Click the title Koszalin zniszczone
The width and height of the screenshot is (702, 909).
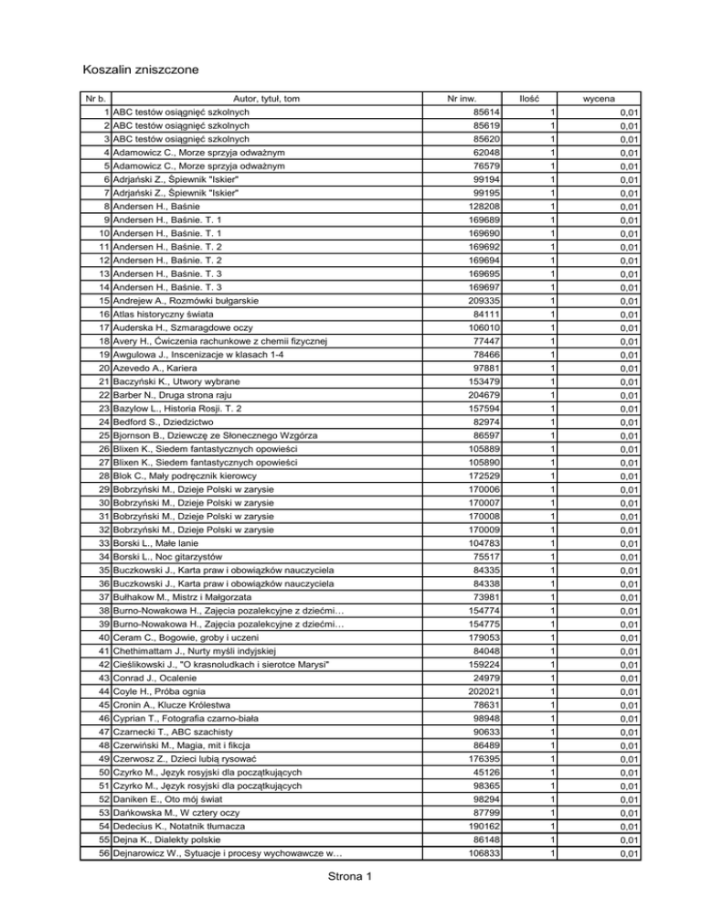pyautogui.click(x=142, y=69)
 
